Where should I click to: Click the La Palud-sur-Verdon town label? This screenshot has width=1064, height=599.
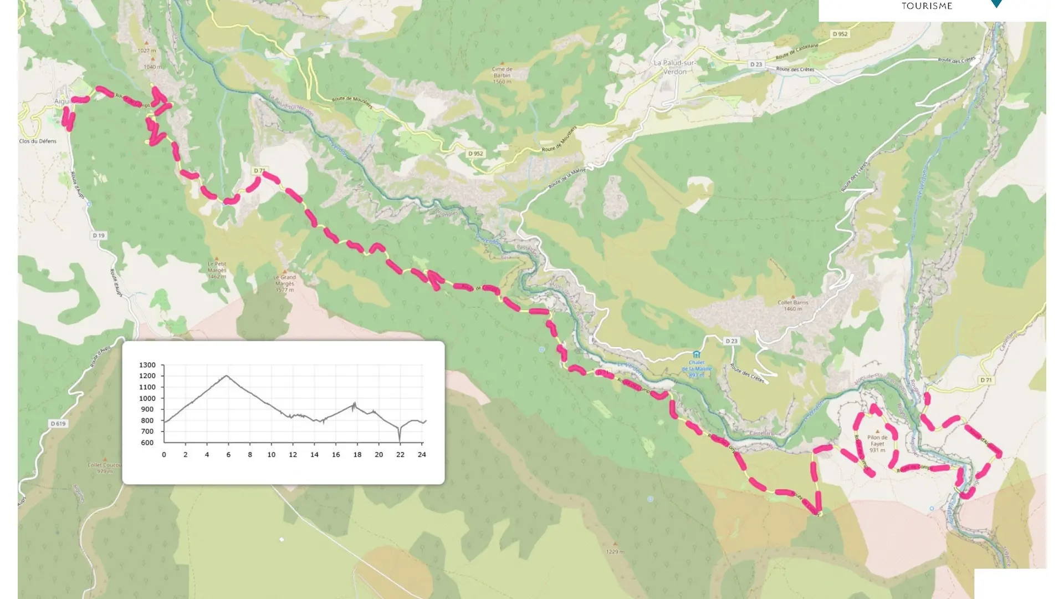pos(674,67)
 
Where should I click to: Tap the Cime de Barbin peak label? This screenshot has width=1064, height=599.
pos(502,75)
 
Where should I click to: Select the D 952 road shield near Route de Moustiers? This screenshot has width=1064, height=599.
pos(475,154)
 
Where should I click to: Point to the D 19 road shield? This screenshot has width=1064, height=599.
pos(99,236)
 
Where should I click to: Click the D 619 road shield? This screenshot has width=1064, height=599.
pos(58,424)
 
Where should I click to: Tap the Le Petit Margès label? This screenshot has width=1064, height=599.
pos(217,270)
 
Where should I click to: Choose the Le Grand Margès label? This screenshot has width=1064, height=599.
pos(284,283)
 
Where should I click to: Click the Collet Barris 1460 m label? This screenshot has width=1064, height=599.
pos(792,305)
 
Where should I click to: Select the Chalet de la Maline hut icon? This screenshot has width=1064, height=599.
pos(697,354)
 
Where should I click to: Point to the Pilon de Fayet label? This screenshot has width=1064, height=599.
pos(877,443)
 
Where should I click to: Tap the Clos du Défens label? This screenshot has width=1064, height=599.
pos(38,141)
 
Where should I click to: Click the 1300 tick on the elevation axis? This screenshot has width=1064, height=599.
pos(147,365)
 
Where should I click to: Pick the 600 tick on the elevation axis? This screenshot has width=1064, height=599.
pos(147,443)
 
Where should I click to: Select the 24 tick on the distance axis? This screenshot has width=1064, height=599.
pos(422,455)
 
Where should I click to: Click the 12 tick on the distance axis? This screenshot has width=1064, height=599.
pos(293,455)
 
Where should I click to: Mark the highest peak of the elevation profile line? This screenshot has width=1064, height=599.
pos(227,376)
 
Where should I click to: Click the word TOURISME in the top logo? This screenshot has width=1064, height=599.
pos(927,6)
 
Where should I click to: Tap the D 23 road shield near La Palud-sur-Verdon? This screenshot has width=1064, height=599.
pos(756,64)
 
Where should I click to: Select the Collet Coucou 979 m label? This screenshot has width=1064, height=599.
pos(104,468)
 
